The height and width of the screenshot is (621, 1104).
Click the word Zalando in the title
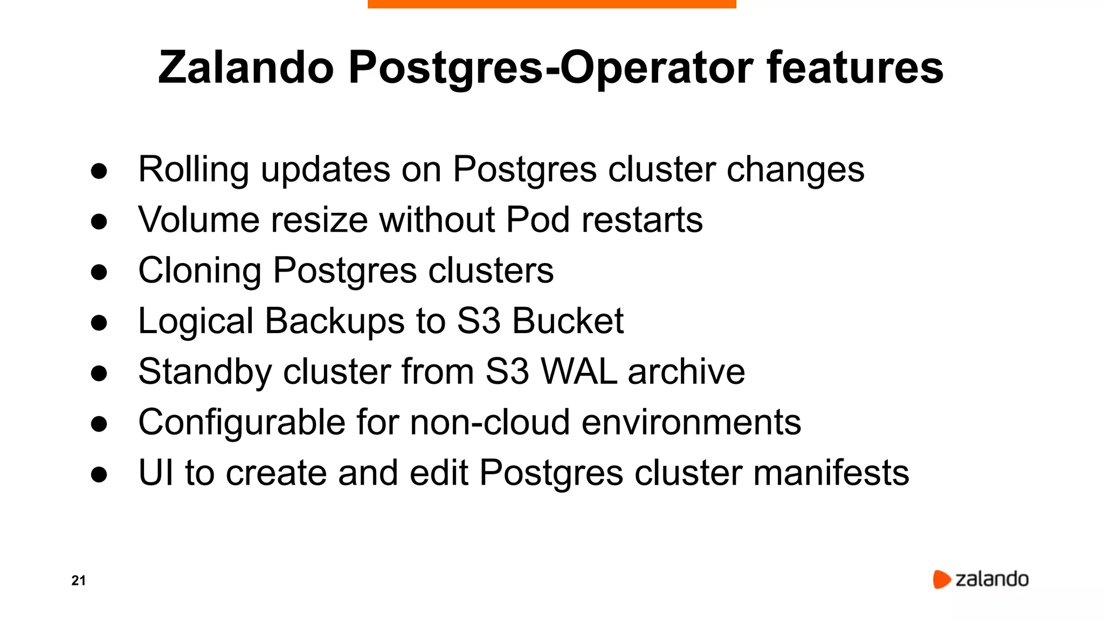tap(246, 68)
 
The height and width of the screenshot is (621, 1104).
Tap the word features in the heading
tap(855, 68)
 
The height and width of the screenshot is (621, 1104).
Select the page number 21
tap(78, 581)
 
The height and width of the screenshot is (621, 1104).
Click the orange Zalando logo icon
tap(941, 579)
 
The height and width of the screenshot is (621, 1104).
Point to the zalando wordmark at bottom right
tap(992, 579)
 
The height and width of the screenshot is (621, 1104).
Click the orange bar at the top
tap(551, 4)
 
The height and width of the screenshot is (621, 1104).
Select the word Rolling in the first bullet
tap(194, 170)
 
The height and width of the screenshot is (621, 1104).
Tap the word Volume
tap(198, 220)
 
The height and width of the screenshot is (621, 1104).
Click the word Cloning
tap(199, 271)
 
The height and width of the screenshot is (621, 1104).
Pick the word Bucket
tap(568, 321)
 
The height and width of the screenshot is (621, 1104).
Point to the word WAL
tap(578, 371)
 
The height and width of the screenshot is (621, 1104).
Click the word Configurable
tap(241, 422)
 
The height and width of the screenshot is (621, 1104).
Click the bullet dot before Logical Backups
tap(99, 323)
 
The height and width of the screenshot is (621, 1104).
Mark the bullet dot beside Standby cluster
tap(99, 374)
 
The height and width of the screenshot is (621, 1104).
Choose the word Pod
tap(537, 220)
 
